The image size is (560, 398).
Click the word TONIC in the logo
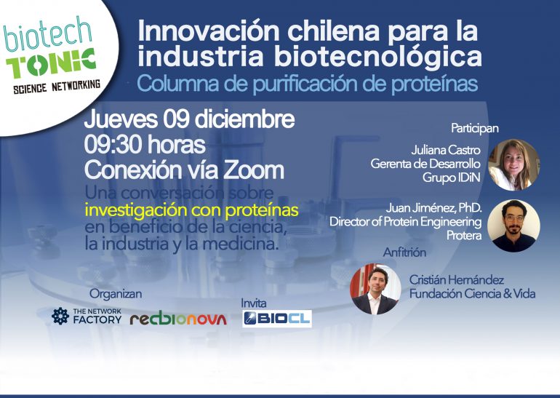tap(51, 63)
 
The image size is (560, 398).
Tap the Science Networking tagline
tap(57, 87)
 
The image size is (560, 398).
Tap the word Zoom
tap(253, 170)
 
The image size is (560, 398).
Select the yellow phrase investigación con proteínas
tap(191, 210)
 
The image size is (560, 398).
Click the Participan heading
tap(475, 128)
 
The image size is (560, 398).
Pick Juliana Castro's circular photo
tap(514, 164)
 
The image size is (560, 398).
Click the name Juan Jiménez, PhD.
tap(433, 208)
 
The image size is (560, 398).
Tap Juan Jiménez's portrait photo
tap(513, 226)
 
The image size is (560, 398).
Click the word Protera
tap(464, 236)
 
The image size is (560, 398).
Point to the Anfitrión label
tap(404, 252)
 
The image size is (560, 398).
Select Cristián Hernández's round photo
tap(376, 289)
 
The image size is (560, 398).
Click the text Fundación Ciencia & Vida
tap(472, 294)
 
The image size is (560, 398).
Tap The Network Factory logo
tap(87, 317)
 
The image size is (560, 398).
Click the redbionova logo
tap(178, 319)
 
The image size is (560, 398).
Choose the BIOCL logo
tap(277, 319)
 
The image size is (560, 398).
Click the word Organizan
tap(116, 294)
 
